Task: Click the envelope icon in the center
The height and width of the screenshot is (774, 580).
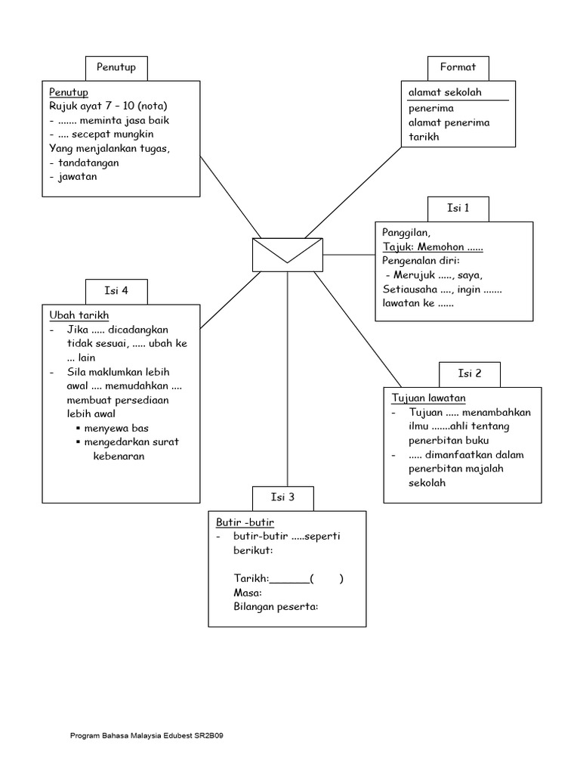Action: click(x=287, y=254)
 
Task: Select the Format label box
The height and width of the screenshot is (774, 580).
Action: click(x=458, y=67)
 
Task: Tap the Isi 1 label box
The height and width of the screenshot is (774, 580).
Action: click(x=458, y=209)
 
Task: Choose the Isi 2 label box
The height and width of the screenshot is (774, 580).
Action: click(x=469, y=373)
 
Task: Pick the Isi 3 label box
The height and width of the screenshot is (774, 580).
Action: click(x=282, y=497)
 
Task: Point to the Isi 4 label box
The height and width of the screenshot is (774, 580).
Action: click(x=116, y=291)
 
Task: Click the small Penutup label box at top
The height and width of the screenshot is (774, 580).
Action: click(x=116, y=67)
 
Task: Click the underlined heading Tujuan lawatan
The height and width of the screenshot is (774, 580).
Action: click(x=428, y=398)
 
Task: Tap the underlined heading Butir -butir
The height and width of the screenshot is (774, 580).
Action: click(x=245, y=522)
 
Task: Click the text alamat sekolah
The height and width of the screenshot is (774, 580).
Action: click(x=445, y=93)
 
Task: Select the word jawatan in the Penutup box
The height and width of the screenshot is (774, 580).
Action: click(x=78, y=177)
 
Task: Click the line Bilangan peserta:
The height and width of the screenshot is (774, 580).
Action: click(x=276, y=607)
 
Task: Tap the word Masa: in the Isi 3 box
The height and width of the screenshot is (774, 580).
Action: click(x=248, y=593)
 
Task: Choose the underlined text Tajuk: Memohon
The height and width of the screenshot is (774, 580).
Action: click(x=432, y=248)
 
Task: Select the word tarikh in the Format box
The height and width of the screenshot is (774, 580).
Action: click(x=423, y=137)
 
